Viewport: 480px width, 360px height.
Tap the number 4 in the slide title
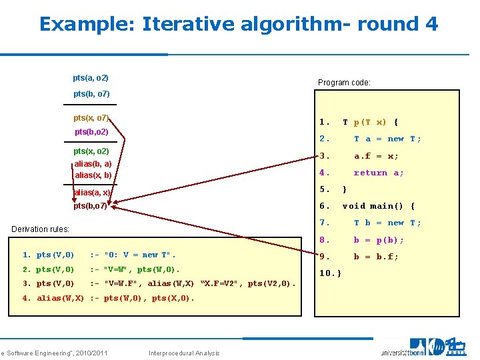pos(431,25)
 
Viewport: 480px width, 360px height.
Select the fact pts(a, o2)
pos(91,78)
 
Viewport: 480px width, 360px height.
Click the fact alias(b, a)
pos(93,164)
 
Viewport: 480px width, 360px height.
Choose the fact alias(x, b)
pos(93,175)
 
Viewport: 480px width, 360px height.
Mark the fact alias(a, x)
pos(92,193)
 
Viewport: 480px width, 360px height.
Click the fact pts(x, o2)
pos(91,151)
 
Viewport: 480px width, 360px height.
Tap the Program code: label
pos(344,83)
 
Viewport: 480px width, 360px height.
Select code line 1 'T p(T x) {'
pos(370,122)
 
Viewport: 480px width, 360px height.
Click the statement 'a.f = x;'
pos(376,156)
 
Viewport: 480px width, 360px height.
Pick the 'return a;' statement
pos(378,173)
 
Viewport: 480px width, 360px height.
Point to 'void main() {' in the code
pos(378,206)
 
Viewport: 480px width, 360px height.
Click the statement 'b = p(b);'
pos(378,240)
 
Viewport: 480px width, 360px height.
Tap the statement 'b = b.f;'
pos(376,257)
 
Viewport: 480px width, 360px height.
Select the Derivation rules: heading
pos(41,229)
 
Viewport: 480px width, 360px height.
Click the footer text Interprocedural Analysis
pos(185,353)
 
